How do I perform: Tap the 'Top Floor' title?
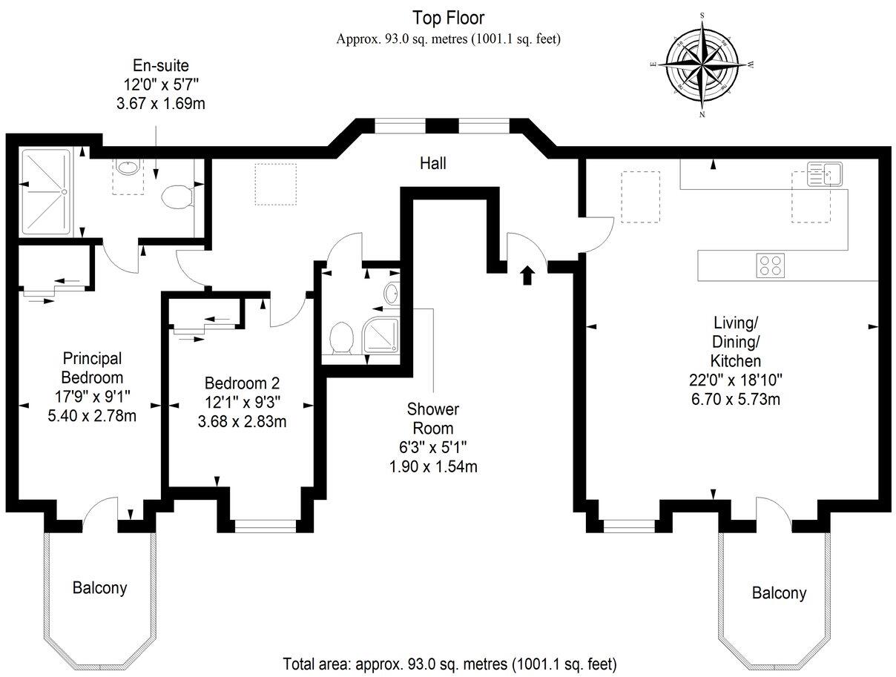tap(448, 18)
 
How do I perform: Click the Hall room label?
tap(432, 164)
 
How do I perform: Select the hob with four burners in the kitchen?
tap(770, 265)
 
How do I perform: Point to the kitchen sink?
tap(824, 174)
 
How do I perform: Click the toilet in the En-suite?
tap(177, 197)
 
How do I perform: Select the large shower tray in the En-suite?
tap(46, 192)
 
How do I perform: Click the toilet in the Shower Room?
tap(341, 338)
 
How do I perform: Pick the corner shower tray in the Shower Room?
tap(380, 334)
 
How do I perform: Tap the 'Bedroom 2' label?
tap(242, 383)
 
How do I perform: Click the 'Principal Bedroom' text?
tap(92, 368)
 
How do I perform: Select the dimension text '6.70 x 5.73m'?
tap(736, 399)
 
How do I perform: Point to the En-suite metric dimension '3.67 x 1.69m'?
tap(161, 104)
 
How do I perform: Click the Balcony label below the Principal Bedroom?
tap(99, 588)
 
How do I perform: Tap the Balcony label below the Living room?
tap(779, 593)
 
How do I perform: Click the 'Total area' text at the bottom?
tap(449, 664)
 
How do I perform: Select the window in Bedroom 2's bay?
tap(266, 526)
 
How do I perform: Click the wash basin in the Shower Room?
tap(392, 293)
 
